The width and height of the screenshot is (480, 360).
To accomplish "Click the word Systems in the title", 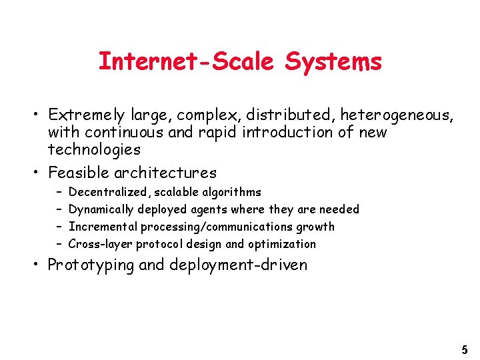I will tap(333, 61).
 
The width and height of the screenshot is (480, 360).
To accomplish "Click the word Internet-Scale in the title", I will tap(189, 61).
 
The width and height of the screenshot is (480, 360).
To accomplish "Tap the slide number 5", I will tap(465, 349).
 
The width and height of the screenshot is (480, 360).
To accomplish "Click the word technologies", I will tap(94, 149).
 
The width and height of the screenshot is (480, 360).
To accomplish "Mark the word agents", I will tap(209, 209).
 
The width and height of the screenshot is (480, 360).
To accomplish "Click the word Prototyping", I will tap(91, 265).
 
